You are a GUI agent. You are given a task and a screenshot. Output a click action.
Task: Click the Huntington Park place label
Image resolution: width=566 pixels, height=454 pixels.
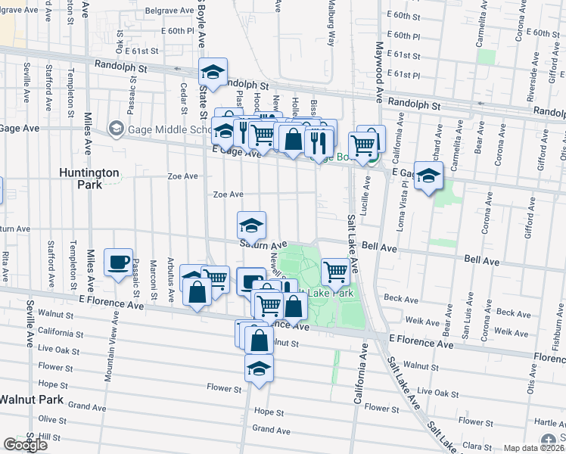pos(89,178)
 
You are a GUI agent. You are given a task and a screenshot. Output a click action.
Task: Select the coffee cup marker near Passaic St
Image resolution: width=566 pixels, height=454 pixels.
pos(118,262)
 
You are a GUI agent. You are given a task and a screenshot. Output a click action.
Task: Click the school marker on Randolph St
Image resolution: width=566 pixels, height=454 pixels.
pos(213,72)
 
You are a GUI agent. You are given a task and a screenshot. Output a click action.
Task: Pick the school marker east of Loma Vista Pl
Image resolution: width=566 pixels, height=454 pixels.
pos(428,176)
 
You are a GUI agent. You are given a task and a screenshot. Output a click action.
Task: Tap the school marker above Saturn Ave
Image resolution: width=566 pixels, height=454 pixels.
pos(251,225)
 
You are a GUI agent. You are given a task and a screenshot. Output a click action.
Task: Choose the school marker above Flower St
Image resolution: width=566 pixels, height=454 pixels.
pos(259,368)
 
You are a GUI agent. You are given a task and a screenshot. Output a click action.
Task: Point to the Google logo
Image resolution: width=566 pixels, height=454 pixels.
pos(25,444)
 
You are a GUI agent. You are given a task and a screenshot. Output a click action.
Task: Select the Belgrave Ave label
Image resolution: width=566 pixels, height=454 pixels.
pos(165,12)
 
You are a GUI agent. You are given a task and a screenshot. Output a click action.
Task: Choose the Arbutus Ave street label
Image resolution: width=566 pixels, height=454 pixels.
pos(172,275)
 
